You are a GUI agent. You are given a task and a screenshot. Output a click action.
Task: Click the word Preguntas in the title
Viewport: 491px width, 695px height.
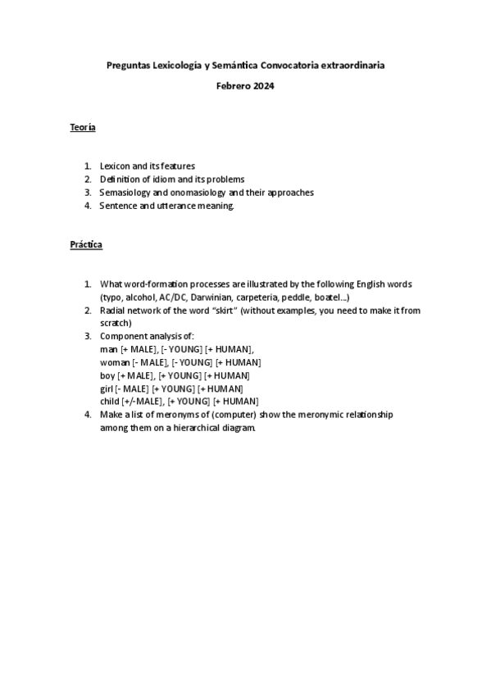[x=130, y=64]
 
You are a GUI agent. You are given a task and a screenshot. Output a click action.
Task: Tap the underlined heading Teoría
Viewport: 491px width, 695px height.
[x=82, y=127]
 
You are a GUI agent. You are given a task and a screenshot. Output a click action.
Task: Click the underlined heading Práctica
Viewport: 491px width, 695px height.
[x=85, y=245]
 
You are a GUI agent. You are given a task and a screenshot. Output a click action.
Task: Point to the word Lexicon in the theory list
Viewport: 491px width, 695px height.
[x=116, y=166]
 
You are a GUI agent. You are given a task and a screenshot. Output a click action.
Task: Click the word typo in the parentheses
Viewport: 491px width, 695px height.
[x=111, y=297]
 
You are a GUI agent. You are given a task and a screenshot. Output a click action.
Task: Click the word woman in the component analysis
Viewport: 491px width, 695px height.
[x=115, y=362]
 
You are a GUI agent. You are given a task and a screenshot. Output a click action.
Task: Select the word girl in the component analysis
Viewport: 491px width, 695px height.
[x=107, y=388]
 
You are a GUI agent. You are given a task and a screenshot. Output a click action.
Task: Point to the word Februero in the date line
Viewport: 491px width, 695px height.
[x=234, y=85]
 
